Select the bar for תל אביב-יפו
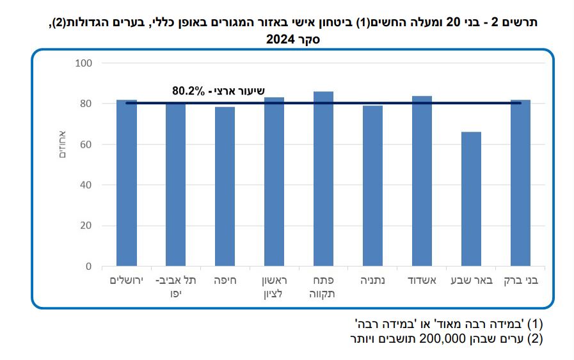point(176,185)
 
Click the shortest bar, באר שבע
point(471,199)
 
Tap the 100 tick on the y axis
point(85,63)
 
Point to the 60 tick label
point(88,145)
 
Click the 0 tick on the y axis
point(90,267)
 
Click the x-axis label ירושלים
point(127,281)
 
